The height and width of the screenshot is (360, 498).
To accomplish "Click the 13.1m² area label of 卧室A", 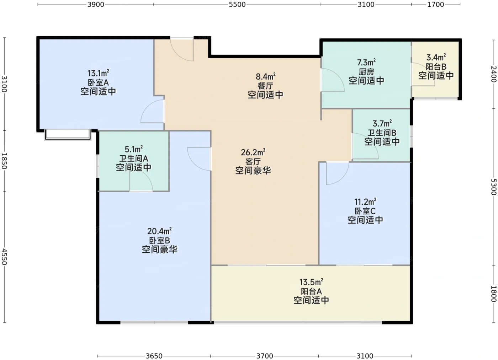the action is coord(98,73).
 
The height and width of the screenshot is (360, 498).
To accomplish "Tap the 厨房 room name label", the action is coord(366,71).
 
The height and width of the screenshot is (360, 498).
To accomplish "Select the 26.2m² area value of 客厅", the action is coord(253,152).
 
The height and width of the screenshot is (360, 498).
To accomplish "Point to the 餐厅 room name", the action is coord(265,86).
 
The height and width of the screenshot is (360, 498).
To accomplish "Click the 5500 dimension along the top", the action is coord(237,4).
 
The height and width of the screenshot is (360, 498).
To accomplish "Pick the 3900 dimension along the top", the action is coord(96,4).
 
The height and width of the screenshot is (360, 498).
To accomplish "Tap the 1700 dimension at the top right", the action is coord(435,4).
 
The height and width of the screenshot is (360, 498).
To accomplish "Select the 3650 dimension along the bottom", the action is coord(154,356).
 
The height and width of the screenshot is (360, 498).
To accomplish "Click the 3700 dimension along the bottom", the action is coord(265,356).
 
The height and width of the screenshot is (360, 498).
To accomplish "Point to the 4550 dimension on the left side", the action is coord(4,257).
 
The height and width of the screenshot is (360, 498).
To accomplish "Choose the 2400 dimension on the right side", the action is coord(494,74).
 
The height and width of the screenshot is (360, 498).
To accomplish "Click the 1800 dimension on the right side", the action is coord(494,294).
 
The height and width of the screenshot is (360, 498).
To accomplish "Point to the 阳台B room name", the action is coord(436,66).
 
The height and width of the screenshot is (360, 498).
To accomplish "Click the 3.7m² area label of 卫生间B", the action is coord(382,123).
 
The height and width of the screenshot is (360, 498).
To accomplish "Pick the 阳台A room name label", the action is coord(311,291).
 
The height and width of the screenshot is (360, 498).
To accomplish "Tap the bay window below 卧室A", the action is coord(68,135).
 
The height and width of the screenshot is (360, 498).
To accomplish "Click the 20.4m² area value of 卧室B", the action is coord(159,231).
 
